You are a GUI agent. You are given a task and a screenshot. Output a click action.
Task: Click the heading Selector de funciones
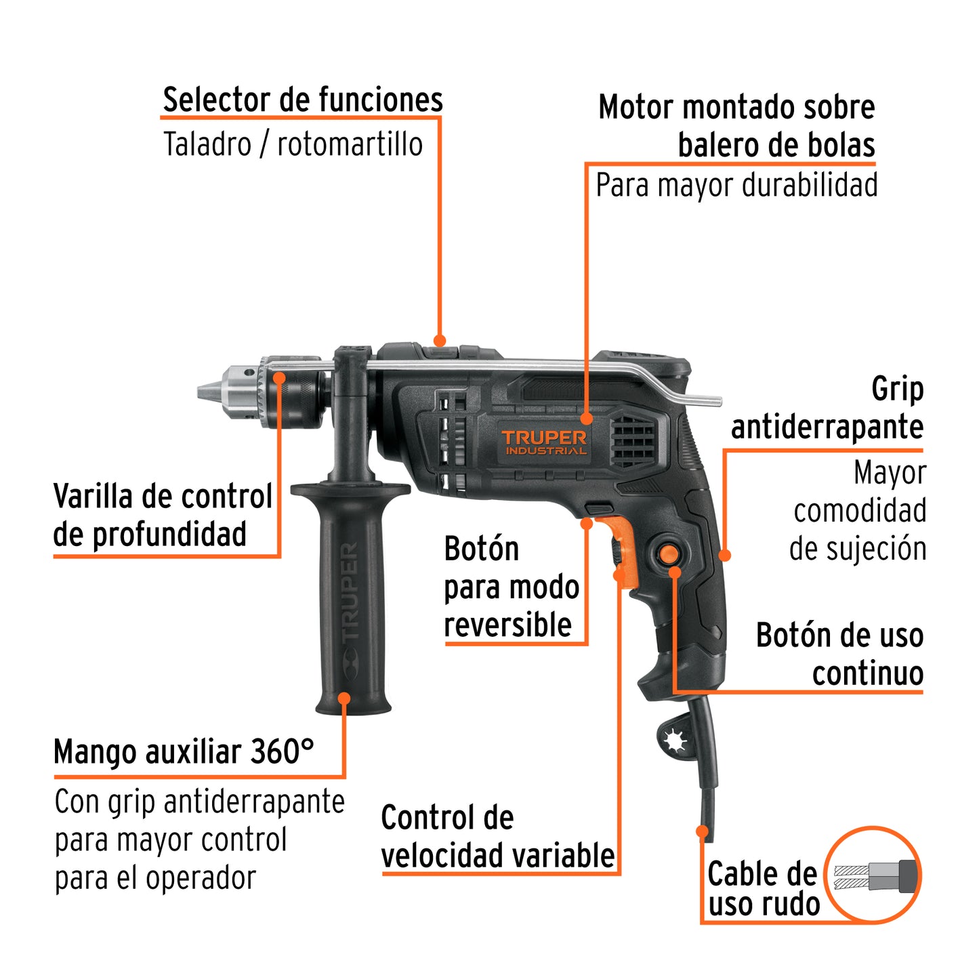[x=302, y=100]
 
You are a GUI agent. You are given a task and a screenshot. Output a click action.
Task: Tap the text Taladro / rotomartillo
[x=293, y=144]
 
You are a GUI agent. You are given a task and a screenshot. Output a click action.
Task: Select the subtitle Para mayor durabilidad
[x=736, y=185]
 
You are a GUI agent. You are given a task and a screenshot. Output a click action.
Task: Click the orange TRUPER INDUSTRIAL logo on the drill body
[x=544, y=442]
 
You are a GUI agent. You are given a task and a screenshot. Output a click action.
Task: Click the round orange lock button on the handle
[x=669, y=554]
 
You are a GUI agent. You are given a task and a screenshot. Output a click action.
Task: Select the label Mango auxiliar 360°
[x=184, y=752]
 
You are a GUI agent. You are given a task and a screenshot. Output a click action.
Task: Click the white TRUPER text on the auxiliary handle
[x=350, y=593]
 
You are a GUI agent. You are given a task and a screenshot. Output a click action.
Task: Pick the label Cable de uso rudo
[x=763, y=888]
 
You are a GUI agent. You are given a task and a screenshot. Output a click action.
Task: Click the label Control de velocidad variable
[x=497, y=837]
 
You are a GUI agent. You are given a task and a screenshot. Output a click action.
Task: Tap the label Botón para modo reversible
[x=511, y=587]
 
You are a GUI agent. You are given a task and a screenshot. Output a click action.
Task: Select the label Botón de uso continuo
[x=839, y=654]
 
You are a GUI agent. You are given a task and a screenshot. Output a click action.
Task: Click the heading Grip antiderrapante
[x=827, y=408]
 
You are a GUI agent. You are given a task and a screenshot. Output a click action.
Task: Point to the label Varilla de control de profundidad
[x=163, y=515]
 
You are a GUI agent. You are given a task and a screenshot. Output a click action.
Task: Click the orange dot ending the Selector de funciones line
[x=440, y=340]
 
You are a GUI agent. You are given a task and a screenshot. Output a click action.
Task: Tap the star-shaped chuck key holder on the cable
[x=675, y=741]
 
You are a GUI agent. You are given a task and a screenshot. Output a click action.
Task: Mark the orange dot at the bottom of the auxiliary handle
[x=344, y=698]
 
